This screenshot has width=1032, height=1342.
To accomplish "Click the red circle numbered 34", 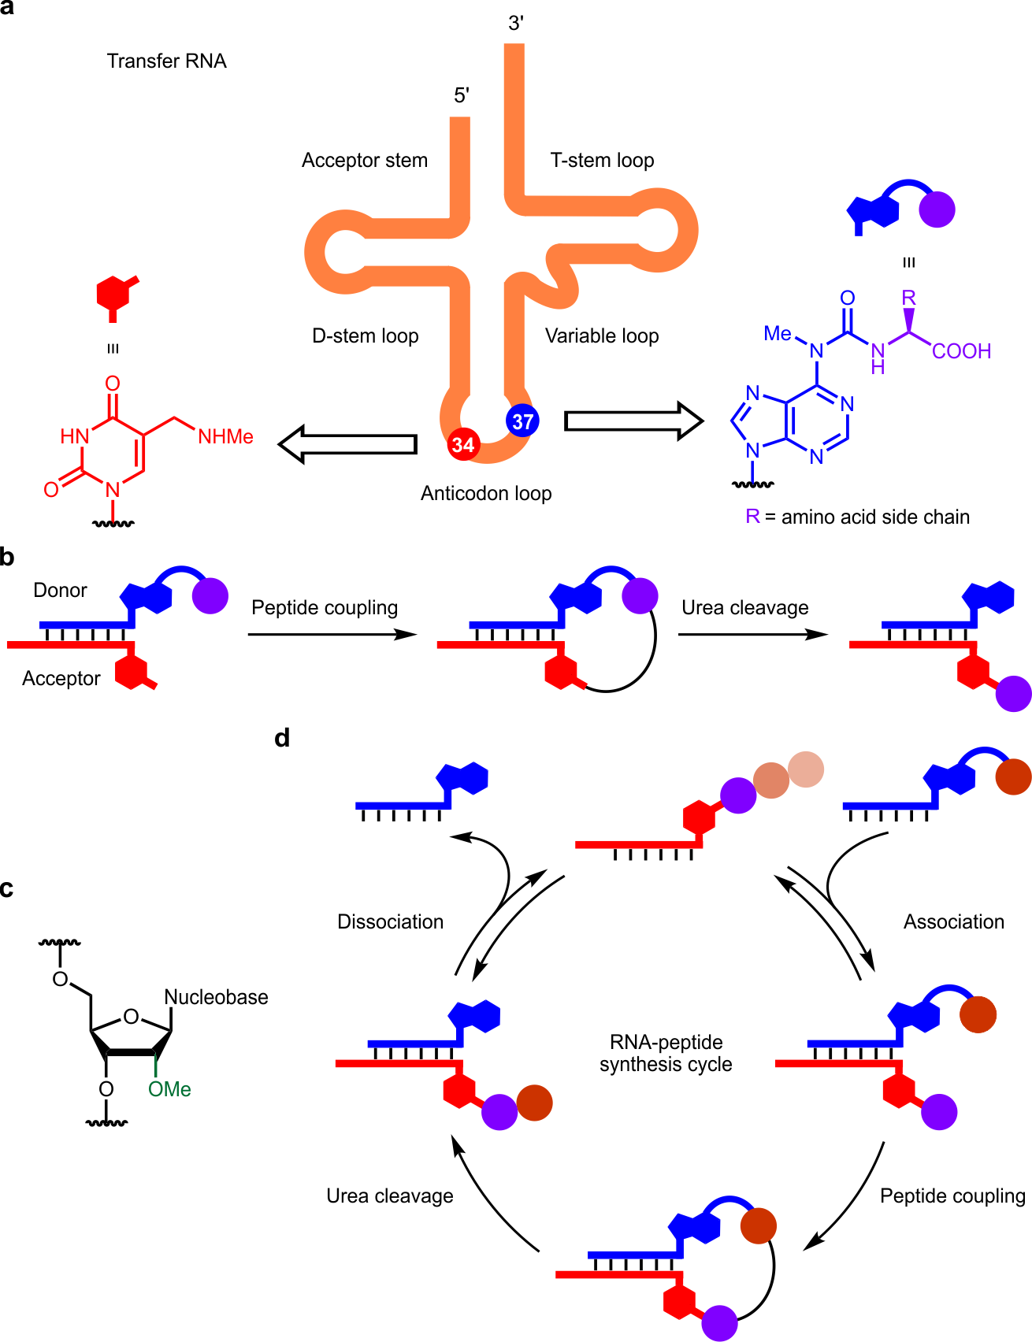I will [463, 445].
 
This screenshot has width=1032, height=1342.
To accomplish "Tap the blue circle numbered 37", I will [522, 421].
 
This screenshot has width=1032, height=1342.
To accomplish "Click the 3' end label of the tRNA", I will [516, 24].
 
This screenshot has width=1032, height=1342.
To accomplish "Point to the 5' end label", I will [462, 96].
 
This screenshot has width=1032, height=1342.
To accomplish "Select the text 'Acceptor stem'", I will [365, 161].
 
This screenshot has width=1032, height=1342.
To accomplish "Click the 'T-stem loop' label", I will [602, 161].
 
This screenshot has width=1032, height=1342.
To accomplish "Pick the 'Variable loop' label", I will [602, 336].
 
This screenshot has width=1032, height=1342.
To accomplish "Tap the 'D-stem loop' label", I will [366, 336].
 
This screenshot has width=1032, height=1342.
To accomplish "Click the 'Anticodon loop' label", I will [486, 494].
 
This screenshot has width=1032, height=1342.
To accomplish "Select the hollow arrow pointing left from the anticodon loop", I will [347, 444].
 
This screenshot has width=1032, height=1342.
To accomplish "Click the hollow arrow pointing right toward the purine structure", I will [633, 421].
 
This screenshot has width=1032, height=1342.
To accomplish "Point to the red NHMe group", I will [225, 437].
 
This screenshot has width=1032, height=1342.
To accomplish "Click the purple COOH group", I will [961, 351].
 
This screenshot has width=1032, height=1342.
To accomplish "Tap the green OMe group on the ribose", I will [169, 1089].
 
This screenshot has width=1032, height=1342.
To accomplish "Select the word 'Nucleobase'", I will [216, 997].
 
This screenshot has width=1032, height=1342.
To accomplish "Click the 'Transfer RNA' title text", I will [167, 61].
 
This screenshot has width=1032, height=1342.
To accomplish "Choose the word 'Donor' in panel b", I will [60, 591].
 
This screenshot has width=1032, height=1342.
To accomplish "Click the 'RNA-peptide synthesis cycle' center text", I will [666, 1054].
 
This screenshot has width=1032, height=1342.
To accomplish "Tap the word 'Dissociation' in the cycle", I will [390, 922].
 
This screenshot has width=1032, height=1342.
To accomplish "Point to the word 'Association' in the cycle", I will [953, 922].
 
